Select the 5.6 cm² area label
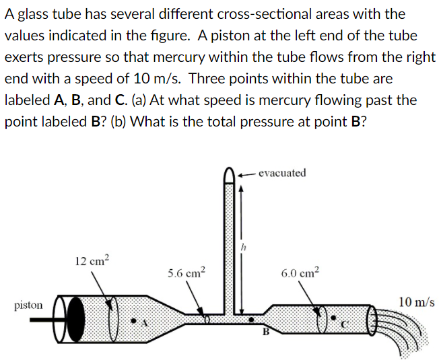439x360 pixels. [186, 273]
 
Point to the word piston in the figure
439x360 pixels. [28, 305]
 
